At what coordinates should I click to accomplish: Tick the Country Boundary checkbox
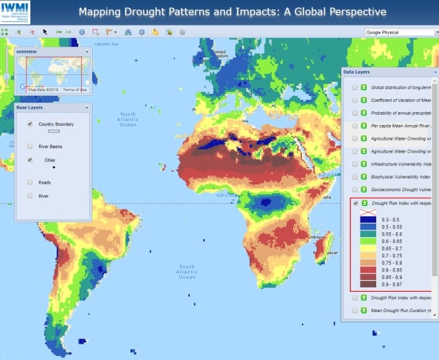(30, 124)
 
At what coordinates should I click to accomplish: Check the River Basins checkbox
(30, 146)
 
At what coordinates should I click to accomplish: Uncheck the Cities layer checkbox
(30, 160)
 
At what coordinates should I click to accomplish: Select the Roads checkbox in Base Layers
(30, 182)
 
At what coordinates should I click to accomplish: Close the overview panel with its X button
(86, 51)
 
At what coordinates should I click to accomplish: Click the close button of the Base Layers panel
(86, 107)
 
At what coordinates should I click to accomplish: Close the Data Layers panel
(430, 72)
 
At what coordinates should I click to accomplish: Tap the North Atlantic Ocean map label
(128, 120)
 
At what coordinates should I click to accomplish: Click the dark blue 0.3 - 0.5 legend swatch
(368, 220)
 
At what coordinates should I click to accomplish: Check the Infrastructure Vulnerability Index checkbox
(355, 164)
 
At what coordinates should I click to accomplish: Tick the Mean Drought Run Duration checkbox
(355, 311)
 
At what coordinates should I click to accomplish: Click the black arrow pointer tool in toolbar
(45, 32)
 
